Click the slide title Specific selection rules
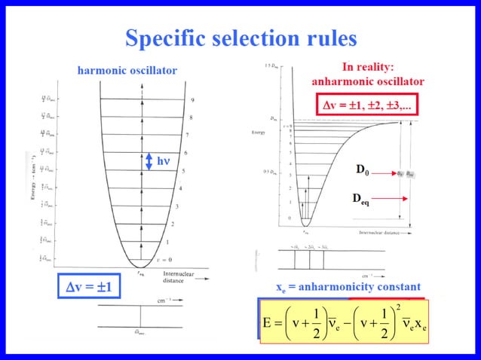click(240, 38)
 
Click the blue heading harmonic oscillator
click(127, 71)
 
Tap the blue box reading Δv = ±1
click(88, 287)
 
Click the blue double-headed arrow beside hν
click(149, 160)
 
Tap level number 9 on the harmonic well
click(192, 100)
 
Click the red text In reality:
click(368, 66)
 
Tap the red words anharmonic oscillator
click(368, 81)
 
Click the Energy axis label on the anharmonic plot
click(258, 133)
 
